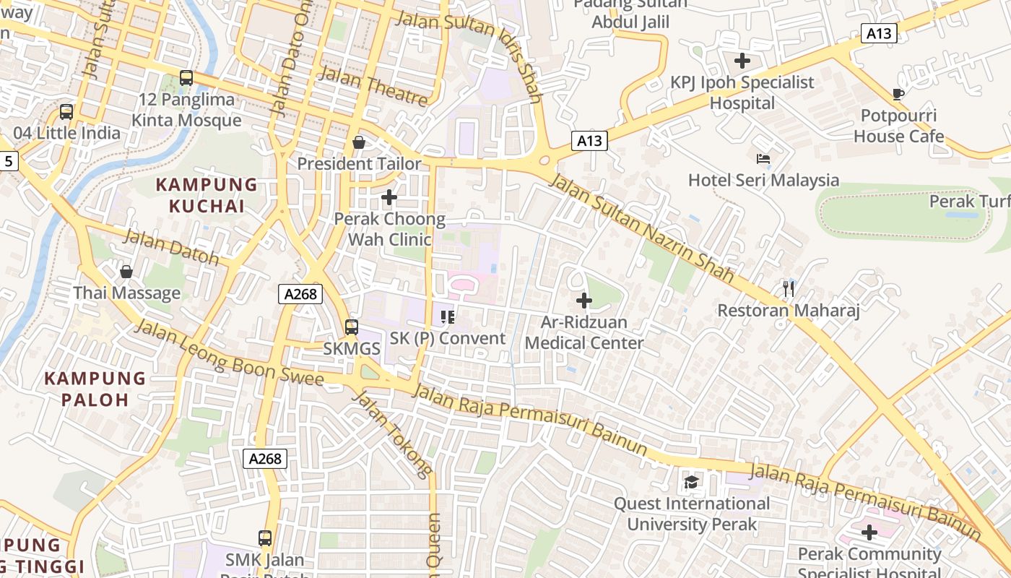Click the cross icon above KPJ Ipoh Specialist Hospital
[x=742, y=61]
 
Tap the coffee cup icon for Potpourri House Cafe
[x=898, y=94]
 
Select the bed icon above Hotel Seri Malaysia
[x=763, y=158]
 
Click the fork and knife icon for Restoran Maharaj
[x=788, y=289]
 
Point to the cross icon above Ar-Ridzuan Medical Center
[x=583, y=300]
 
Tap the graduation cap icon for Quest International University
[x=692, y=481]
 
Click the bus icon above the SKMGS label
[x=352, y=327]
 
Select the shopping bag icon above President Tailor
[x=359, y=142]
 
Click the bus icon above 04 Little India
[x=66, y=111]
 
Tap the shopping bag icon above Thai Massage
[x=126, y=272]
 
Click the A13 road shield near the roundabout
[x=589, y=141]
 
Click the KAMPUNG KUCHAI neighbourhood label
[x=207, y=195]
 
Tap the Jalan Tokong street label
[x=392, y=434]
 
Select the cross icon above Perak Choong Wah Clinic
[x=389, y=197]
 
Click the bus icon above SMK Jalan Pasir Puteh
[x=265, y=538]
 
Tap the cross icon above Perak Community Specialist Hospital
[x=869, y=532]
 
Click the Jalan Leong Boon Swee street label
[x=229, y=353]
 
